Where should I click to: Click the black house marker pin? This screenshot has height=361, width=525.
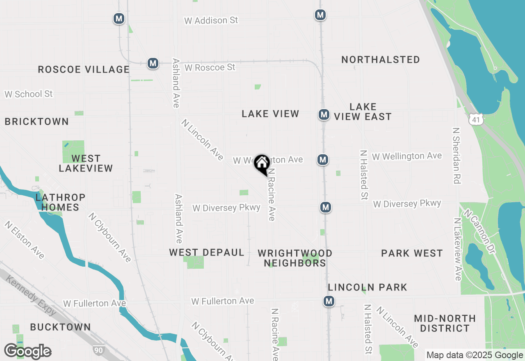[262, 164]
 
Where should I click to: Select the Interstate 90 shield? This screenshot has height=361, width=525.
[98, 350]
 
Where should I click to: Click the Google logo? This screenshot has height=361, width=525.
[27, 351]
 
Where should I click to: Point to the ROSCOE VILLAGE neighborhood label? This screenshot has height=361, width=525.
[84, 69]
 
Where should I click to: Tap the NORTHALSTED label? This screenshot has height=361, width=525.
[381, 59]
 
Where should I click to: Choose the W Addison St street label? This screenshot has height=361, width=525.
[211, 20]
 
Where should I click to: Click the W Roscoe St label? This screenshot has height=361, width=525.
[210, 67]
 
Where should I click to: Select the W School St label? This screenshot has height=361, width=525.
[29, 94]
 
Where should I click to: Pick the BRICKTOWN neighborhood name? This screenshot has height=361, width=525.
[37, 121]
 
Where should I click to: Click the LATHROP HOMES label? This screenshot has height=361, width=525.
[60, 202]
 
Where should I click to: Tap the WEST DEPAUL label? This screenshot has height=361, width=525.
[207, 252]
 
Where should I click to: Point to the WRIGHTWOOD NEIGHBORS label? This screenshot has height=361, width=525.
[295, 258]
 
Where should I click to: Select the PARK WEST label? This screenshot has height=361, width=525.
[412, 253]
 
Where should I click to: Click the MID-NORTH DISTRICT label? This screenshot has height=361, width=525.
[445, 323]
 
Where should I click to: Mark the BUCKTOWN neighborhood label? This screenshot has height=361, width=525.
[60, 327]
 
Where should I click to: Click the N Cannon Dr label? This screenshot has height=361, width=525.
[479, 230]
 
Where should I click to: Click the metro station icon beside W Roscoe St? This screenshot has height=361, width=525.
[153, 63]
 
